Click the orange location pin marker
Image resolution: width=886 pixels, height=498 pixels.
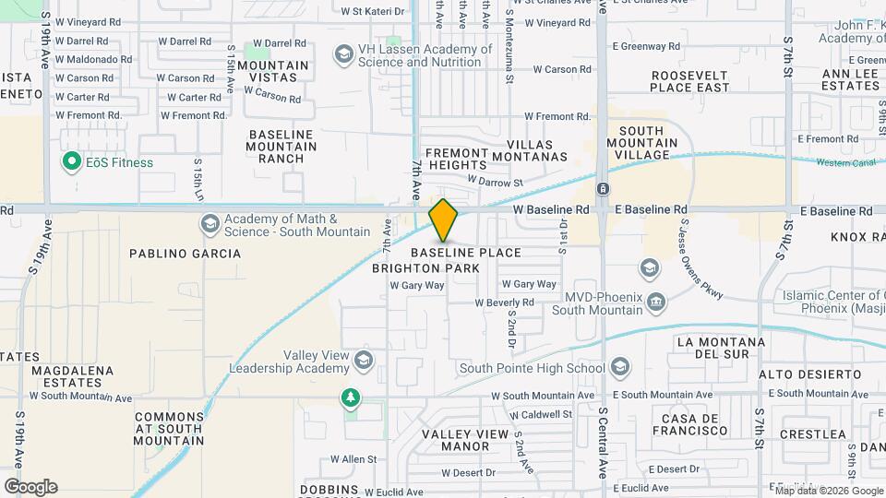443,219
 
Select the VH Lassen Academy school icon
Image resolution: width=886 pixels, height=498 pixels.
343,55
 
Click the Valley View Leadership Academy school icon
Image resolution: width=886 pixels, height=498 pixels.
364,360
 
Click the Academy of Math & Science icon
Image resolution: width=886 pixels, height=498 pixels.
210,224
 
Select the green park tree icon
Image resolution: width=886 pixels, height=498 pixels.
350,397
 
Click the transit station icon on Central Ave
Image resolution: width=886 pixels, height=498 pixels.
602,189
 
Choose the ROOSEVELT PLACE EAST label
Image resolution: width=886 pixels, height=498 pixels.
689,81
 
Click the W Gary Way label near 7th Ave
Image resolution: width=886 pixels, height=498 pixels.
417,286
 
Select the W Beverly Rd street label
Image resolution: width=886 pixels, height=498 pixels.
505,302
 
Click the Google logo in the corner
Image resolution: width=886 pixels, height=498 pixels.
30,487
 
